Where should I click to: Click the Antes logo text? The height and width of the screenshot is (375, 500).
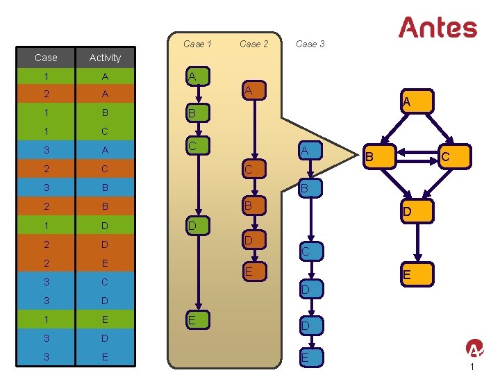(x=437, y=28)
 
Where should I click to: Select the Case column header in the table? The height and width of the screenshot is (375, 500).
(x=46, y=58)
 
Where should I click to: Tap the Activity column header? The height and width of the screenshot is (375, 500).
(x=105, y=58)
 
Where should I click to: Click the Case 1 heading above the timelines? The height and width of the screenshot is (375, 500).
(x=197, y=44)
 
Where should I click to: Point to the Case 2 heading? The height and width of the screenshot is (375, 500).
(x=253, y=44)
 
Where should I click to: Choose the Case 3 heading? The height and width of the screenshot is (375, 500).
(x=310, y=44)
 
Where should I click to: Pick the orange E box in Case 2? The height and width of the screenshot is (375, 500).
(x=254, y=272)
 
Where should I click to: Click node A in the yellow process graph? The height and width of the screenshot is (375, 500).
(x=416, y=101)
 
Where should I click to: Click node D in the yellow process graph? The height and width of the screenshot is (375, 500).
(x=416, y=210)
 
